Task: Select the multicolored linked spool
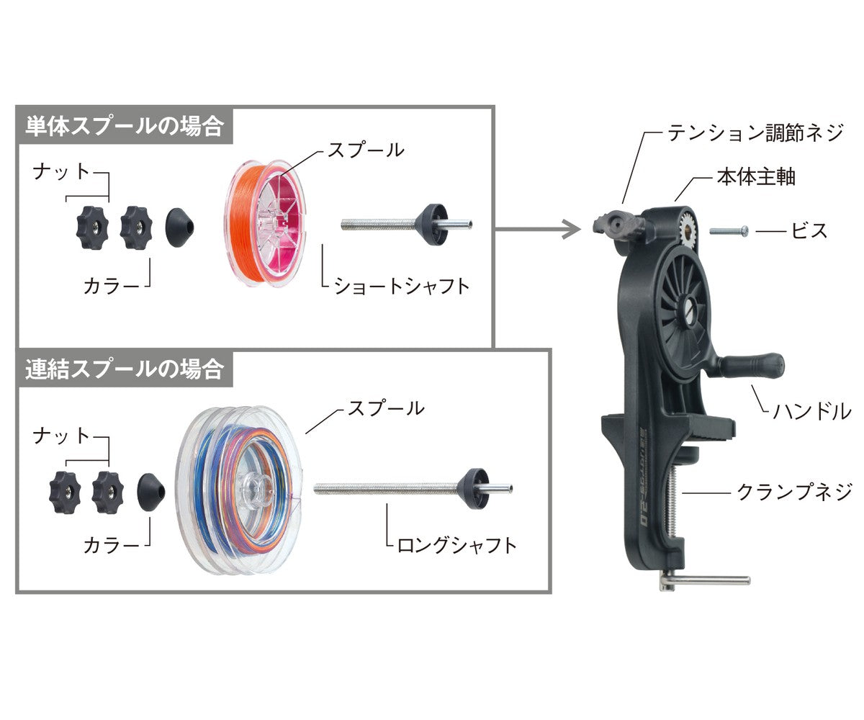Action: point(239,490)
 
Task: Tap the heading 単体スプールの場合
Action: point(125,127)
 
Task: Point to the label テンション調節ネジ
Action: point(755,132)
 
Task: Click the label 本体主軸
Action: point(756,177)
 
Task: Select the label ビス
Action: point(809,230)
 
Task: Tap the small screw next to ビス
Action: point(729,230)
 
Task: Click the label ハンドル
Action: point(812,412)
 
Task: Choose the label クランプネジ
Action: point(794,492)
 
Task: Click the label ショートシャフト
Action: point(401,287)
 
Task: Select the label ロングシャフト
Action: point(456,546)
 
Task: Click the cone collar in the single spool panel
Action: point(179,228)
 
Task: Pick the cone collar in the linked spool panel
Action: point(151,492)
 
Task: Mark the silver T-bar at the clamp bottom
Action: point(704,580)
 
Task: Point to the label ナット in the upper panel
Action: point(61,172)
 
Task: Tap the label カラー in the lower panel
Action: point(112,546)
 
